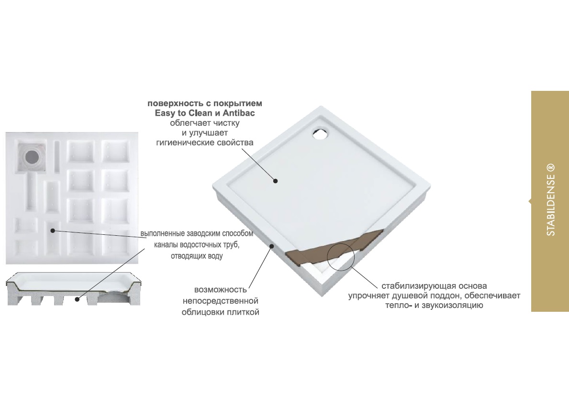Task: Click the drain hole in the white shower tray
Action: [321, 133]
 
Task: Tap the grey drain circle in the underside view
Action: [32, 157]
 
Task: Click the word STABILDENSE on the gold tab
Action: [551, 205]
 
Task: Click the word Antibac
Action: [239, 113]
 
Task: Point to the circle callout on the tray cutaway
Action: [341, 256]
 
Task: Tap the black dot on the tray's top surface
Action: [276, 181]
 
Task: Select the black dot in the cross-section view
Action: [77, 299]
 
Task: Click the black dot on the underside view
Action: [53, 230]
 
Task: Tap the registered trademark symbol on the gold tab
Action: [551, 167]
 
